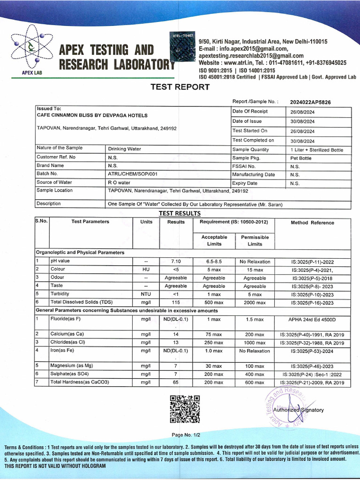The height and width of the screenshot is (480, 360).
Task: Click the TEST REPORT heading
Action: [x=180, y=87]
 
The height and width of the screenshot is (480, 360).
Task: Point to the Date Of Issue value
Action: [x=302, y=121]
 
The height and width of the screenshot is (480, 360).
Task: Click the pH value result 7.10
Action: [x=176, y=262]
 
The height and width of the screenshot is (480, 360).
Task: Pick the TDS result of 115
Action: [x=176, y=302]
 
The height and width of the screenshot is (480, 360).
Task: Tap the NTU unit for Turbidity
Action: [x=146, y=294]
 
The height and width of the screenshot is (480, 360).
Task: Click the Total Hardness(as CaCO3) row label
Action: [x=79, y=382]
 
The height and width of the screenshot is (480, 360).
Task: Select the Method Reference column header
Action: [x=312, y=223]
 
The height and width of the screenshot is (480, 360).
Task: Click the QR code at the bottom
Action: [x=185, y=409]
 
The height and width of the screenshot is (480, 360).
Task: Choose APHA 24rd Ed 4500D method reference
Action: [x=312, y=319]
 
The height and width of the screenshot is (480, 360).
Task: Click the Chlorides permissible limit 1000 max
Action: [x=255, y=343]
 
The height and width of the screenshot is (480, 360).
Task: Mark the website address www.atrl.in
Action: [x=239, y=63]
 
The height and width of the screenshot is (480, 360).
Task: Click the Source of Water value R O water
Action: [x=119, y=182]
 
